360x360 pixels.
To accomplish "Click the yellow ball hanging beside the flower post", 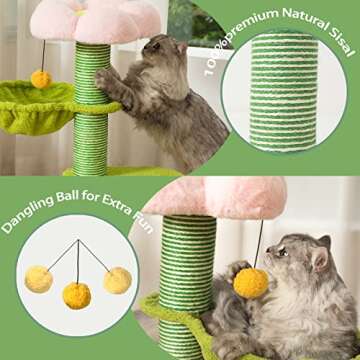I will pyautogui.click(x=41, y=78).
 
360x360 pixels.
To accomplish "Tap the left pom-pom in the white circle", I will pyautogui.click(x=39, y=279).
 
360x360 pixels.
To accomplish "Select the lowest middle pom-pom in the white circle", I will pyautogui.click(x=77, y=295).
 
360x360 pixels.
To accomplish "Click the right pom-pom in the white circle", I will pyautogui.click(x=117, y=280).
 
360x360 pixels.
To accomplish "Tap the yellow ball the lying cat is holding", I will pyautogui.click(x=250, y=284).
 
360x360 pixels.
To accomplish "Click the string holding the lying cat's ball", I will pyautogui.click(x=259, y=245).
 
